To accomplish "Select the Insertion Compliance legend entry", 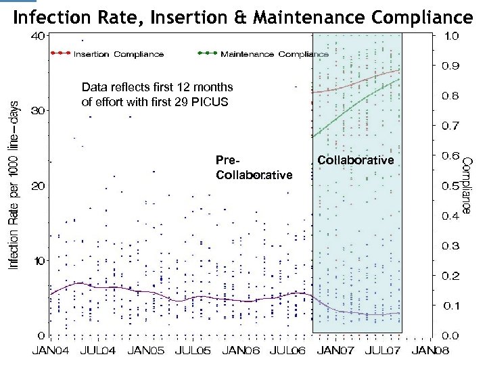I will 118,54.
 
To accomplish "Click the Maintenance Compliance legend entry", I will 275,54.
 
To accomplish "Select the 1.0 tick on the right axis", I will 451,35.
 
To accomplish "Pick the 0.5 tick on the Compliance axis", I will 451,185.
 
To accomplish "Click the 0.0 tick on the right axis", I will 451,335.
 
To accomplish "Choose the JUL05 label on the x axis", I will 193,351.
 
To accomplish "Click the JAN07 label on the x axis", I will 335,351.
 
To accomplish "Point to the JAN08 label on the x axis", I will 431,351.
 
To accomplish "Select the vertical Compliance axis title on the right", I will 466,187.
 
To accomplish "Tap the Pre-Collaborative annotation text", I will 254,168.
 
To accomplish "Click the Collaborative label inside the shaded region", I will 355,160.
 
